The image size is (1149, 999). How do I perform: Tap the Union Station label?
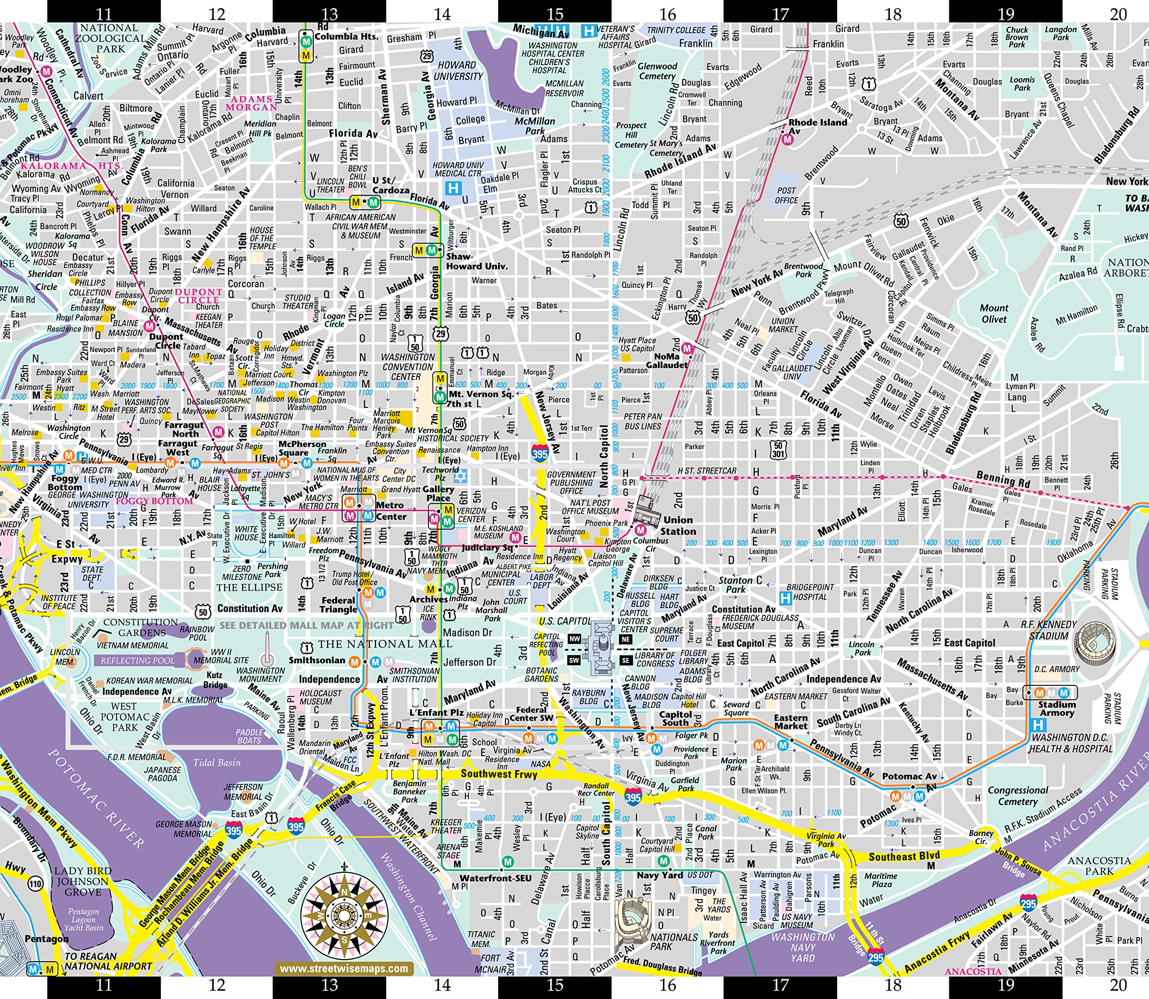click(678, 526)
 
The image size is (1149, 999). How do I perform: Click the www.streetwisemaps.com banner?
click(343, 968)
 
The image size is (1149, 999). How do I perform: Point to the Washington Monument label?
click(260, 675)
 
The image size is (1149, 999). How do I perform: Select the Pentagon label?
click(47, 939)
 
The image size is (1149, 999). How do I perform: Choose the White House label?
click(246, 533)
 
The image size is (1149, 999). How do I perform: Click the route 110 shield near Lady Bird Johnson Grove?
click(35, 884)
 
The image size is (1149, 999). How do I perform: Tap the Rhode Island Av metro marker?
click(787, 140)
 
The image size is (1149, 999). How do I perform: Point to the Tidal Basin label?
click(217, 762)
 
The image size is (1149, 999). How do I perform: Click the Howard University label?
click(458, 70)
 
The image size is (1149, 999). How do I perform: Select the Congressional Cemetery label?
click(1017, 796)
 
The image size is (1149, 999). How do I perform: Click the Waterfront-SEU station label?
click(495, 878)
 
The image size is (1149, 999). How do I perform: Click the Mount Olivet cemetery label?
click(994, 313)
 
